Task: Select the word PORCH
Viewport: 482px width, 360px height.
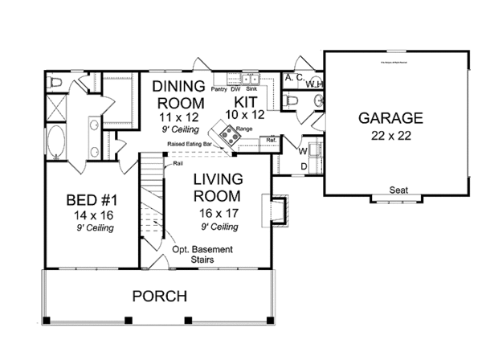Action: tap(159, 296)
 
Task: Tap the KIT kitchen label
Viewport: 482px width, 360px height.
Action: tap(246, 103)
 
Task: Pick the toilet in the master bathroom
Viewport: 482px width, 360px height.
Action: tap(57, 82)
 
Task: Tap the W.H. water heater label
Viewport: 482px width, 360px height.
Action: tap(313, 84)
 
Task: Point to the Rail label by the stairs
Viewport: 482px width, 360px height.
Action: tap(178, 163)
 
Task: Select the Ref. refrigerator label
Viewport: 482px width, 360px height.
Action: tap(271, 140)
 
